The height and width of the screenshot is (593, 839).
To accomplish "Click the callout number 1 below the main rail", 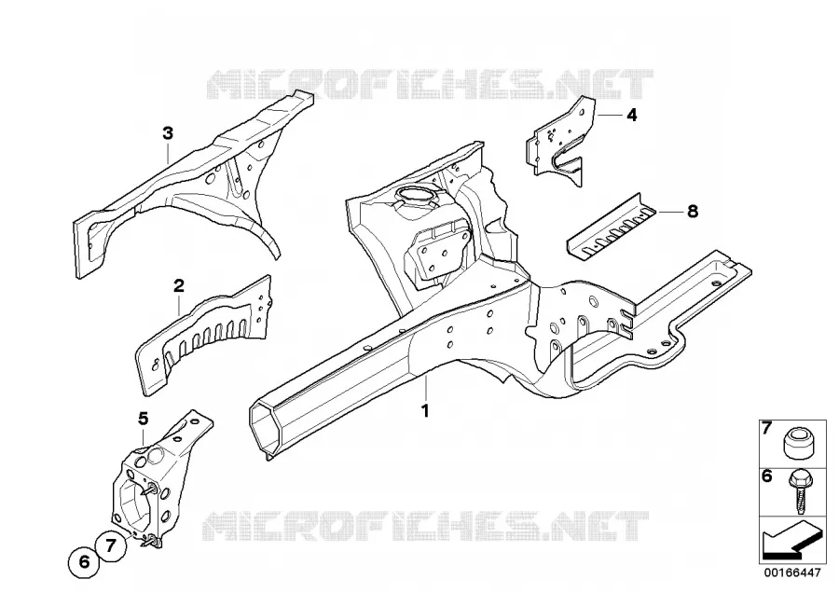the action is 425,411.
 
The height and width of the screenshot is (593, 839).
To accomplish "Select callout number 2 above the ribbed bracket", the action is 179,285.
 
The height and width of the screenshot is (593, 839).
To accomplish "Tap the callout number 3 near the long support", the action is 168,132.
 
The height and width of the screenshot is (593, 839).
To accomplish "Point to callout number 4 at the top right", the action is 632,115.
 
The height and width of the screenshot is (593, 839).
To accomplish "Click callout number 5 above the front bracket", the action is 143,419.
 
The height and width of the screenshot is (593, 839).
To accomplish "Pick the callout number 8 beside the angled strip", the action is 693,212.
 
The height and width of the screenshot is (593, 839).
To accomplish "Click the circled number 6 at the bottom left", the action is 84,562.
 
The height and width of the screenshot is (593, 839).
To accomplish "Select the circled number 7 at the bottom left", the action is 111,545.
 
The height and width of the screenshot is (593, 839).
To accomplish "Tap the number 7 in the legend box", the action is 767,428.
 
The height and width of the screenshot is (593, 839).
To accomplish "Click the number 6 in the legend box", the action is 767,476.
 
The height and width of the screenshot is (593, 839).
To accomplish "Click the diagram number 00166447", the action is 791,572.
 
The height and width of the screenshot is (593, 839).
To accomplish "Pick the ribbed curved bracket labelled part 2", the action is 203,335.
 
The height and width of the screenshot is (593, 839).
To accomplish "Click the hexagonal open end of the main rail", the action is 266,428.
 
